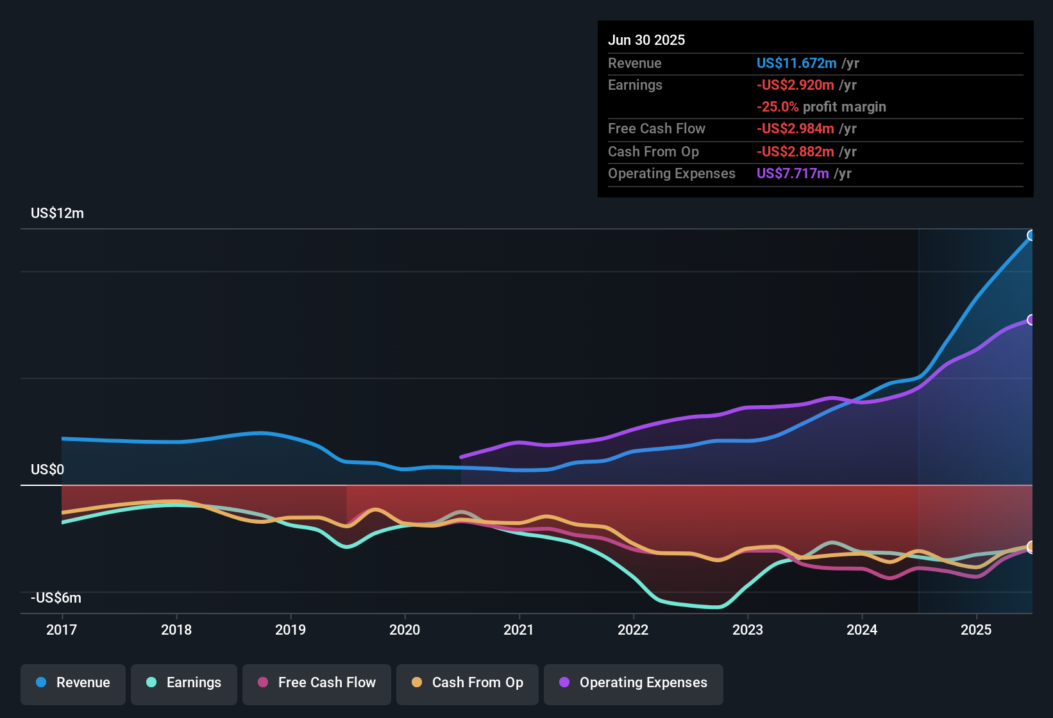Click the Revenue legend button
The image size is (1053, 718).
(x=73, y=683)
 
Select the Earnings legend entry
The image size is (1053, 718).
(x=184, y=683)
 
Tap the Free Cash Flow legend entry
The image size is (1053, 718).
(x=317, y=683)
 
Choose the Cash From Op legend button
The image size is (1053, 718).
(x=468, y=683)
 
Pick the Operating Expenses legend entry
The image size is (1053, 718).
(x=634, y=683)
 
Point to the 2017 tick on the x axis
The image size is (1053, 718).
(x=62, y=630)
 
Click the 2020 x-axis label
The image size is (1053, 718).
(x=405, y=630)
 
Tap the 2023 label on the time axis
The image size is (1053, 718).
(x=748, y=630)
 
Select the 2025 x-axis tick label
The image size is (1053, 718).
(x=976, y=630)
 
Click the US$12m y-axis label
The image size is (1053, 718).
(x=57, y=213)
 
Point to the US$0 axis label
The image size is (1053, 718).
(x=47, y=470)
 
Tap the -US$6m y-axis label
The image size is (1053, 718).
(x=56, y=598)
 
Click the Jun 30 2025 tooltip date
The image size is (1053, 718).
(x=646, y=40)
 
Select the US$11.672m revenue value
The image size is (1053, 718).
(x=796, y=63)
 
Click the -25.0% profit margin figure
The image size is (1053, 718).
(x=777, y=107)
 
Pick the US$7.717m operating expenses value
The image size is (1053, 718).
(x=793, y=174)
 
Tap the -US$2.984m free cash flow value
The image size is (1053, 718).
(x=795, y=129)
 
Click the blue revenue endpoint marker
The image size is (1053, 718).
(x=1031, y=235)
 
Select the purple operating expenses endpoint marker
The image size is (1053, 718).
(x=1031, y=320)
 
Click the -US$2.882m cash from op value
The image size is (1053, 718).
(x=795, y=152)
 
